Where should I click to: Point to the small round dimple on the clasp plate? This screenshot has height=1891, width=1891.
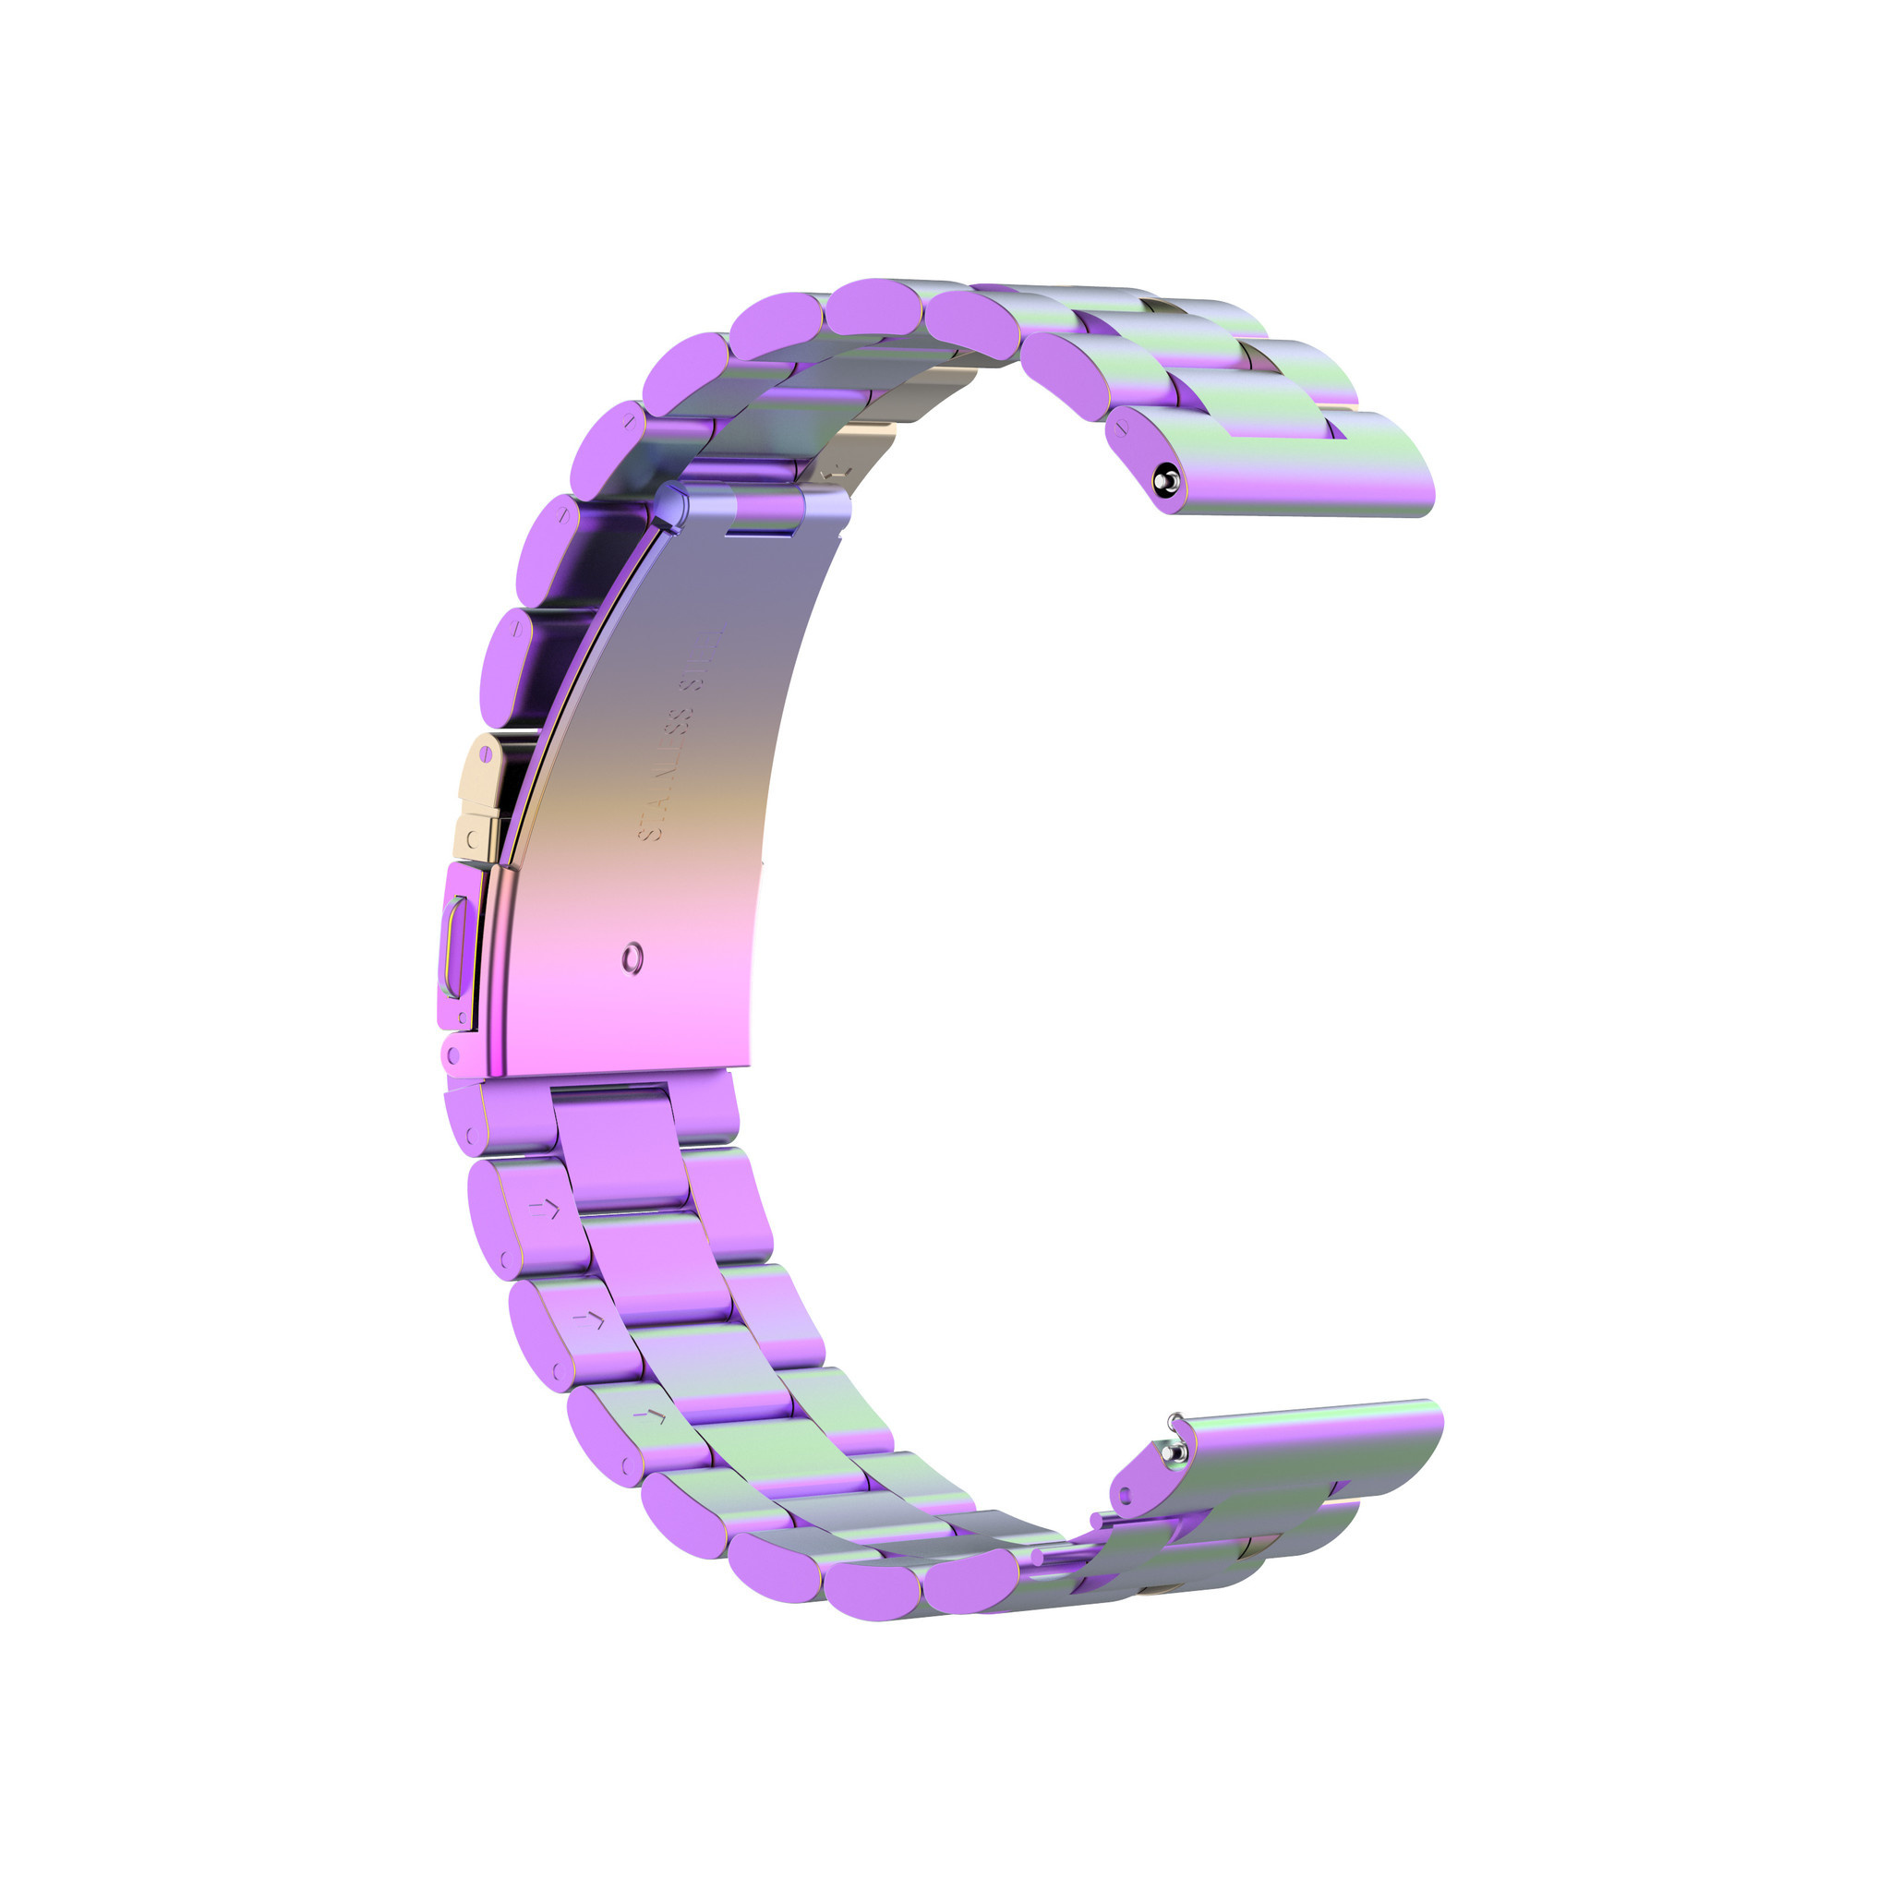634,957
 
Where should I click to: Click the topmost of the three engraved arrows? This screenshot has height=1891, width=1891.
545,1210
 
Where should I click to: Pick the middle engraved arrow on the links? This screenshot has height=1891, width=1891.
589,1319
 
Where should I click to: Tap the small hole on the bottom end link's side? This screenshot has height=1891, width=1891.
1125,1495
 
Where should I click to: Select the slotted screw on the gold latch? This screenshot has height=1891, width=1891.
487,754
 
